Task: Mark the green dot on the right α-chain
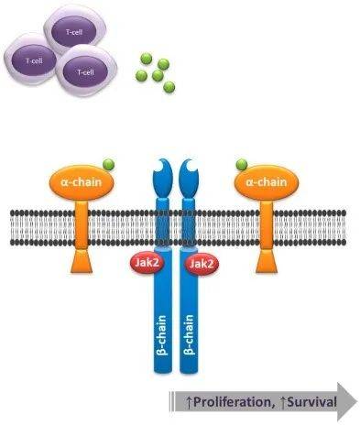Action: pyautogui.click(x=242, y=166)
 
